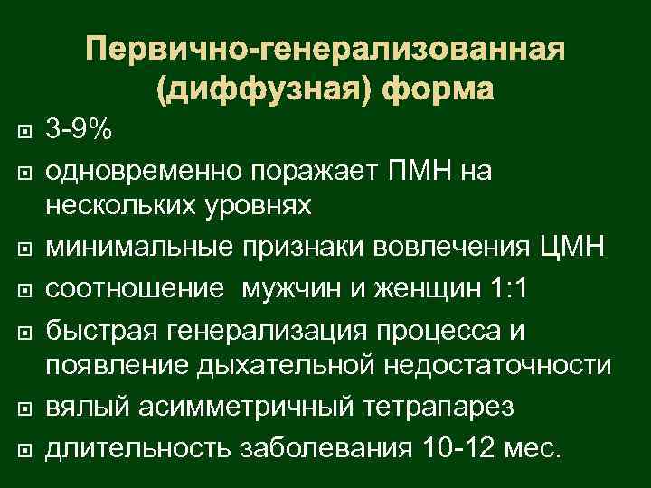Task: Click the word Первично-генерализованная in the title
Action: [x=326, y=48]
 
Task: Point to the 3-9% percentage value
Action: [x=80, y=131]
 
